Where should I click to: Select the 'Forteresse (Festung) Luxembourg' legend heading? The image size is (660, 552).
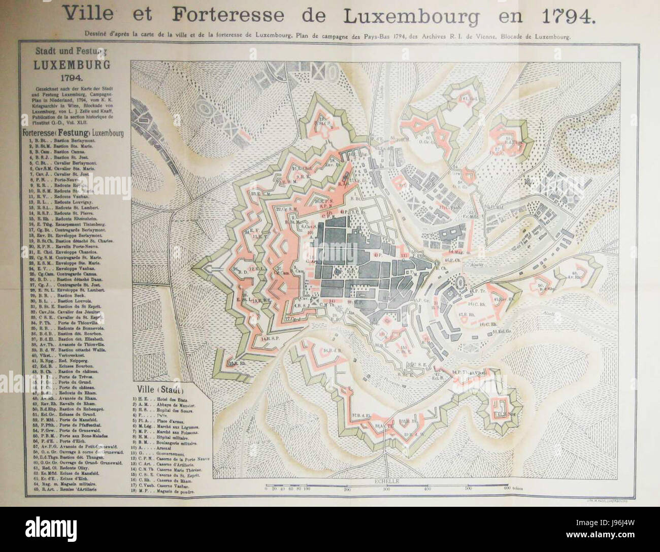(74, 133)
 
